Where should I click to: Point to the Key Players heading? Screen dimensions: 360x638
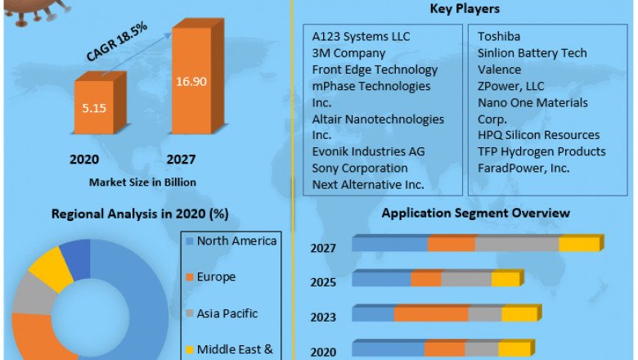(465, 9)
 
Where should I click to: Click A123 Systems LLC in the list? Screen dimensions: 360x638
(361, 37)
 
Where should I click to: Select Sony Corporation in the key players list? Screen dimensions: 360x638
(360, 168)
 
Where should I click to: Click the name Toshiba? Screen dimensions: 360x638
(499, 37)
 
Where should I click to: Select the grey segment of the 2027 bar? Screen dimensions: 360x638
(517, 245)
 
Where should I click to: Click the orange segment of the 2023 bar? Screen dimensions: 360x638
(431, 315)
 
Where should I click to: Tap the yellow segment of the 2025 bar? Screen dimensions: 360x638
(505, 280)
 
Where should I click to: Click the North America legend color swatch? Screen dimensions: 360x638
(190, 241)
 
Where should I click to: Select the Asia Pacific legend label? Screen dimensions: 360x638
(227, 313)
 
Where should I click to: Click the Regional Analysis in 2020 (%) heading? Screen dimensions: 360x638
(139, 214)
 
